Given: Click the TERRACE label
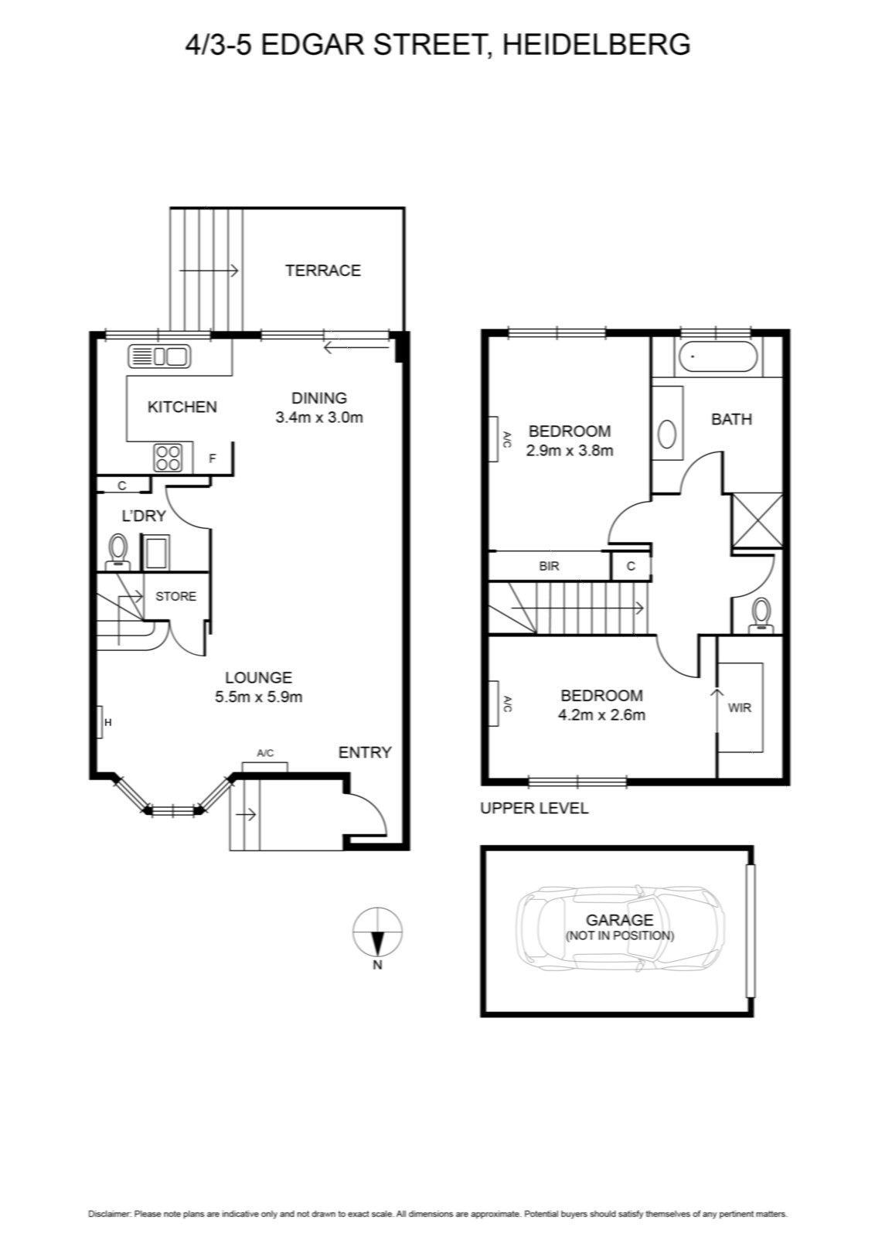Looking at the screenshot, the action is click(x=322, y=271).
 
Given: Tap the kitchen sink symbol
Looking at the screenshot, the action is click(x=159, y=356).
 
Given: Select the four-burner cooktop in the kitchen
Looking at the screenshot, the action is click(x=168, y=458).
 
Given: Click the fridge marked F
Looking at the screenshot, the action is click(x=213, y=458).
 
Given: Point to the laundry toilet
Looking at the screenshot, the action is click(x=117, y=551).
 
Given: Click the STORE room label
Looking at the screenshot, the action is click(x=175, y=596).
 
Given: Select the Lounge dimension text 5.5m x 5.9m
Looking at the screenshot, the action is click(x=258, y=697).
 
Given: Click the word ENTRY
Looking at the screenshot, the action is click(x=364, y=752).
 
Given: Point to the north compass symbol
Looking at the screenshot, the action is click(x=378, y=932).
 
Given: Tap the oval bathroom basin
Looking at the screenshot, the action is click(x=667, y=434).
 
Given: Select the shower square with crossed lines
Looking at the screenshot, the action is click(x=757, y=520).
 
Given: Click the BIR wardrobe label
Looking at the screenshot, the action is click(x=549, y=566).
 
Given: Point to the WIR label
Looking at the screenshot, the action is click(x=739, y=707).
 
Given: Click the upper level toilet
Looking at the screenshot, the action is click(x=762, y=615).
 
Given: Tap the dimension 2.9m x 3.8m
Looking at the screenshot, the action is click(x=570, y=450).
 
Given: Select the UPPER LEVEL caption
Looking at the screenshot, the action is click(x=534, y=808).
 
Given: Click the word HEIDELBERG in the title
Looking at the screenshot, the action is click(x=597, y=44).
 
